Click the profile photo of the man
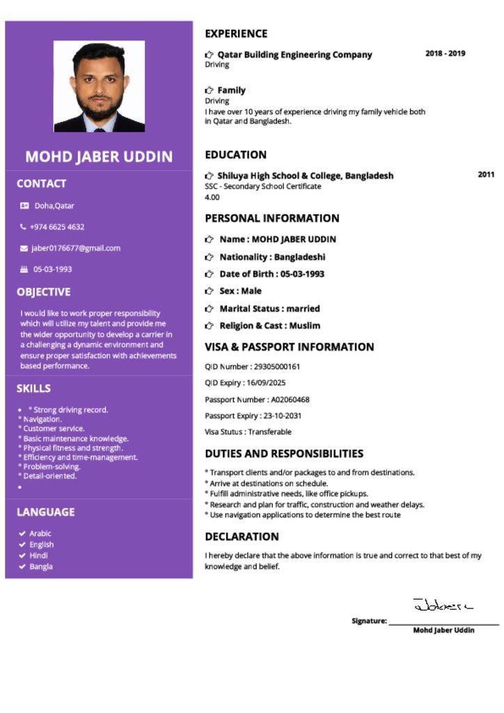tap(99, 86)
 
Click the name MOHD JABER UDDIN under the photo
tap(99, 157)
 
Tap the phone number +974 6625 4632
tap(57, 227)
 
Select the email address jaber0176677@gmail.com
tap(76, 248)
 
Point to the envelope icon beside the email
tap(24, 249)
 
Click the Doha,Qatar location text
tap(54, 206)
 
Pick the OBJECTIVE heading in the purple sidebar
tap(43, 292)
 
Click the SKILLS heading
tap(33, 389)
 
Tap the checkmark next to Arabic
tap(22, 534)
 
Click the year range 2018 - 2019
tap(446, 54)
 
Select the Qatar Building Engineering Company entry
tap(294, 54)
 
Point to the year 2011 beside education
tap(486, 175)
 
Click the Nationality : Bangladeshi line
tap(272, 257)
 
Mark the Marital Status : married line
tap(269, 308)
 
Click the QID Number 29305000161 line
tap(253, 366)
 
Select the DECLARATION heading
tap(242, 537)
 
